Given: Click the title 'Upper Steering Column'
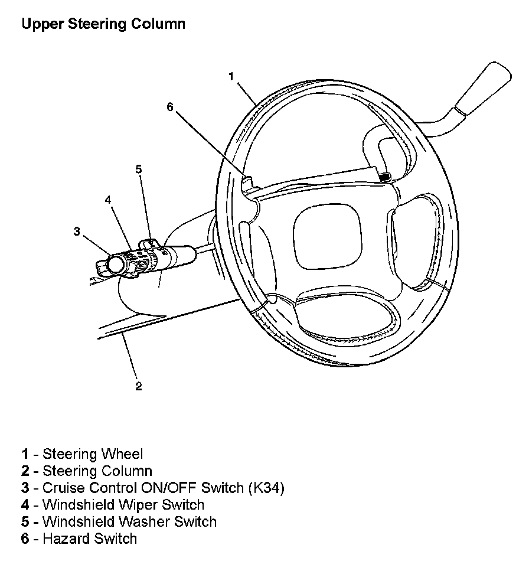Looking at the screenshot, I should [103, 24].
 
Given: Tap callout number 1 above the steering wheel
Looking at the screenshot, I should [231, 76].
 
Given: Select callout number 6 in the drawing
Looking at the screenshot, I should [170, 107].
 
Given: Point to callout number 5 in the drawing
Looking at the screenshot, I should [138, 169].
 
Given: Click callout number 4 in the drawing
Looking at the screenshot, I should [108, 200].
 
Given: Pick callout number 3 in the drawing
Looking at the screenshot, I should [77, 231].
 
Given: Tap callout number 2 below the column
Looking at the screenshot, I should [138, 387].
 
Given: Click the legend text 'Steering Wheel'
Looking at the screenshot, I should [93, 454].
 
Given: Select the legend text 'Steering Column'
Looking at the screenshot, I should [97, 471].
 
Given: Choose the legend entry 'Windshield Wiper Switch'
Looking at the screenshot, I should [123, 505].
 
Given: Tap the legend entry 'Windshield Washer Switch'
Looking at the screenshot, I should [129, 522].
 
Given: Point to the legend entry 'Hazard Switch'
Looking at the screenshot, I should [90, 539].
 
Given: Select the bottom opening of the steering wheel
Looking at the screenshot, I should [345, 317].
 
